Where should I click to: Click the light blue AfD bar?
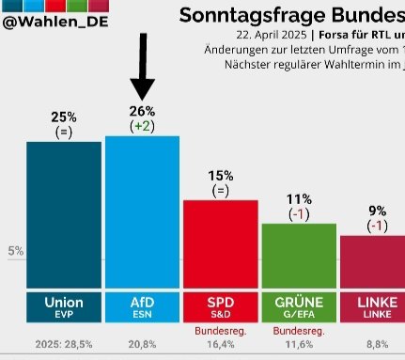pos(142,211)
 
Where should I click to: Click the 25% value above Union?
pos(64,116)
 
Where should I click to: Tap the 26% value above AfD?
pos(142,111)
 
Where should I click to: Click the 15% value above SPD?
pos(220,175)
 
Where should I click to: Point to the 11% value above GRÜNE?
pos(299,198)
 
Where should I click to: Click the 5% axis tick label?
pos(16,251)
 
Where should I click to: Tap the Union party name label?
pos(64,303)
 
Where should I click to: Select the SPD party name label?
pos(220,303)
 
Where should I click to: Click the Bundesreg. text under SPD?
pos(220,331)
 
